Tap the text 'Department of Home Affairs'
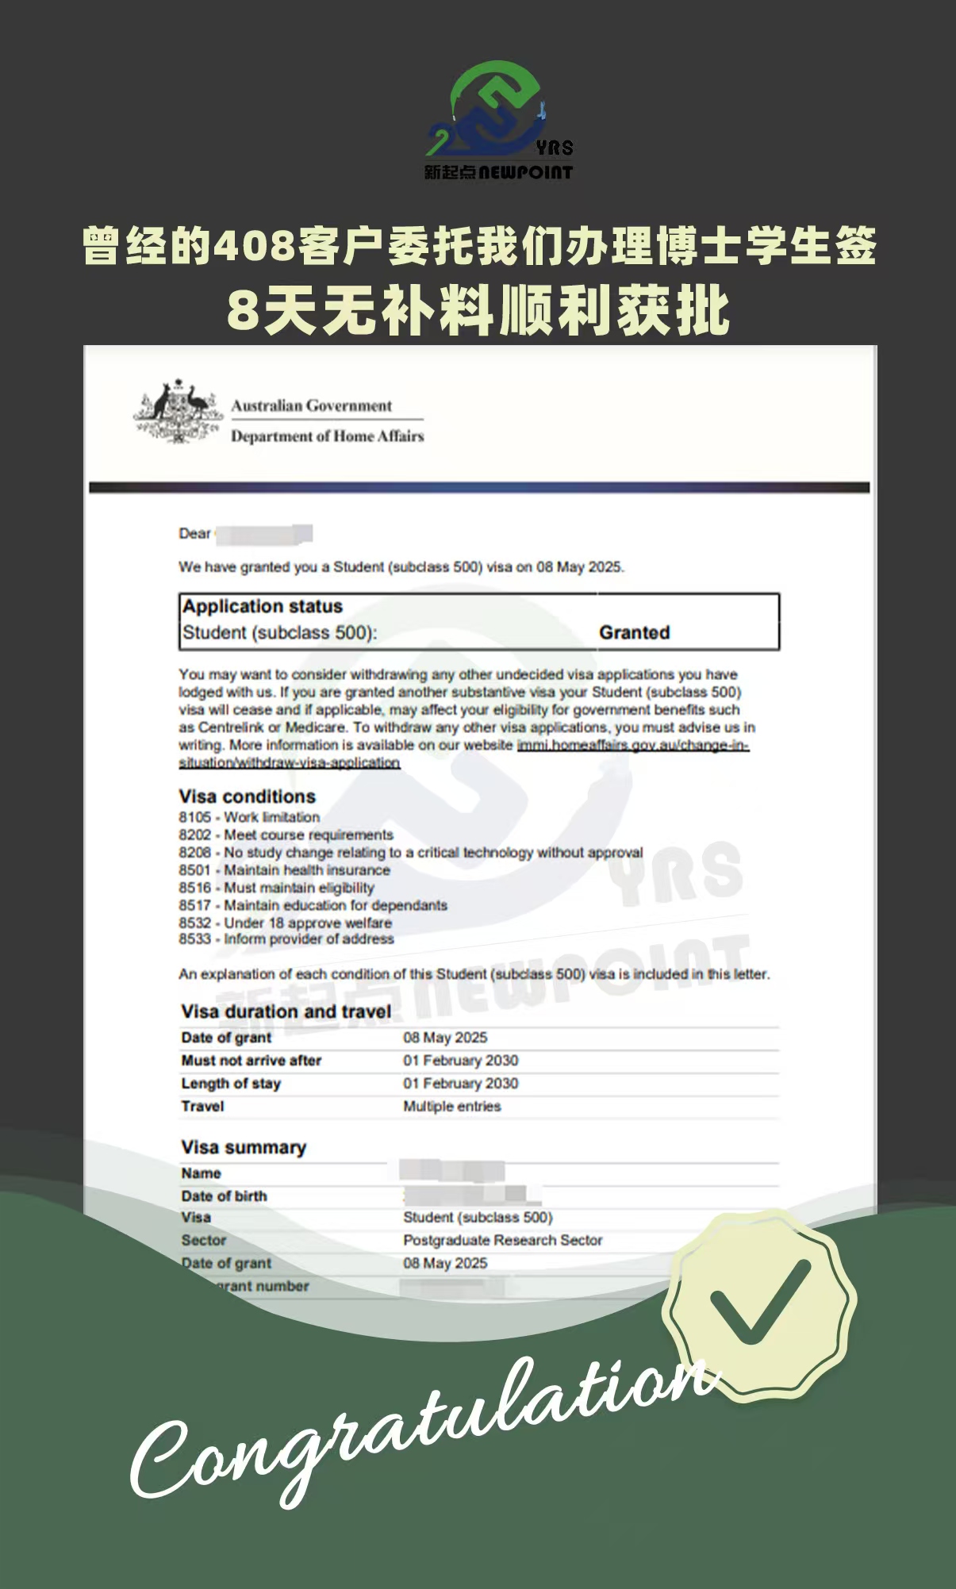click(x=327, y=436)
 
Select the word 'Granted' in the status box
click(x=634, y=632)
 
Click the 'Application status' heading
click(x=263, y=606)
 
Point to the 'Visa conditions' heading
click(x=247, y=796)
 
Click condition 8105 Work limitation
click(x=249, y=817)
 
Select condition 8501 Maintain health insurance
click(x=284, y=870)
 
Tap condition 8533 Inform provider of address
click(x=286, y=939)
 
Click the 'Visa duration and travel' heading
click(x=286, y=1011)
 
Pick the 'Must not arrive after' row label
click(x=251, y=1061)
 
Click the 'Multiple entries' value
click(x=451, y=1107)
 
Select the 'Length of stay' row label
click(x=231, y=1084)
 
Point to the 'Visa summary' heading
click(x=243, y=1147)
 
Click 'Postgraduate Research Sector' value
click(x=502, y=1240)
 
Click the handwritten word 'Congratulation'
click(x=420, y=1428)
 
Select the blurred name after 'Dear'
click(x=263, y=534)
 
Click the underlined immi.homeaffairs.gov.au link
click(x=632, y=746)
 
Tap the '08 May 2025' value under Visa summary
click(x=445, y=1263)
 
